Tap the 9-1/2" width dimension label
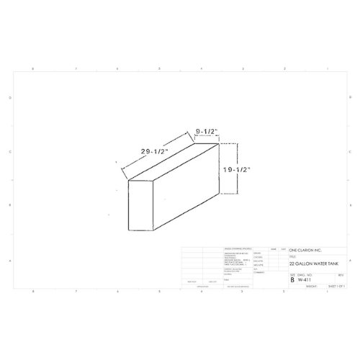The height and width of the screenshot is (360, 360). tap(207, 131)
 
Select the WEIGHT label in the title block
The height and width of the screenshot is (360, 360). tap(311, 286)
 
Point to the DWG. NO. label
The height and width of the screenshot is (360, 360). tap(305, 274)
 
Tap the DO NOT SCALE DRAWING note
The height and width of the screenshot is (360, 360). tap(237, 286)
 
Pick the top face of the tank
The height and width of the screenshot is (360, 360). tap(173, 161)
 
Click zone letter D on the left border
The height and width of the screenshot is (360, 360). tap(9, 97)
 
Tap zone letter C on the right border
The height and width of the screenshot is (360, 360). tap(351, 152)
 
